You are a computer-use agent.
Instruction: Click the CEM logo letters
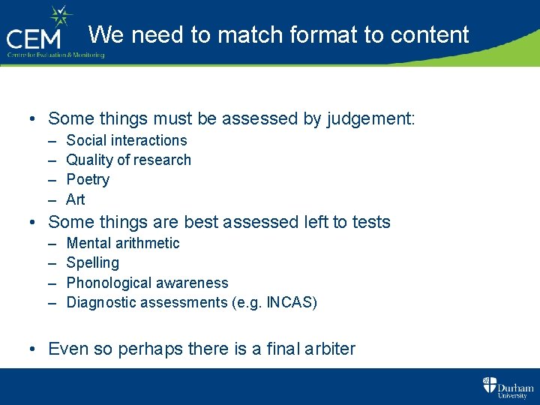click(x=37, y=37)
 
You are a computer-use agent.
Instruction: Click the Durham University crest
click(x=490, y=385)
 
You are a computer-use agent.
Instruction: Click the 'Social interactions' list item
click(x=127, y=140)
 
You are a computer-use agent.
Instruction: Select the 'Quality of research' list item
click(x=128, y=160)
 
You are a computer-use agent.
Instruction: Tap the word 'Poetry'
click(x=88, y=179)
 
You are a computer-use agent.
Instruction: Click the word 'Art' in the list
click(x=76, y=199)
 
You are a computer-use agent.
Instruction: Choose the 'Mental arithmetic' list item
click(x=123, y=243)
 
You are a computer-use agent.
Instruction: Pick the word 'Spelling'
click(x=92, y=262)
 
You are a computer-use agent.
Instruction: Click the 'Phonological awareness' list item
click(x=147, y=283)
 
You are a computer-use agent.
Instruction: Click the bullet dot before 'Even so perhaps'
click(x=34, y=349)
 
